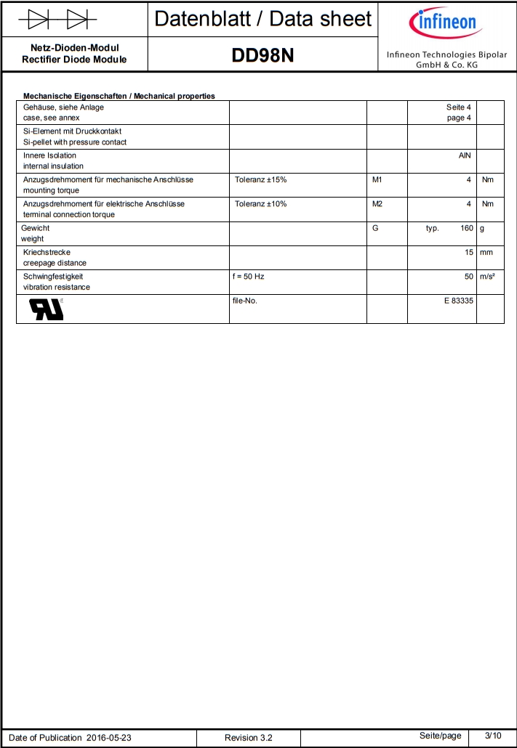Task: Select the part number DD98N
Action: coord(262,55)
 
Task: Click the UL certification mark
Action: coord(46,309)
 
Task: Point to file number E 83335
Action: coord(459,300)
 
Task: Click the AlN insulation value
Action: coord(465,155)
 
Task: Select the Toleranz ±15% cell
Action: coord(260,179)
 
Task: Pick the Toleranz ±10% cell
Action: coord(260,204)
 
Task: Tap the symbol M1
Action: coord(377,179)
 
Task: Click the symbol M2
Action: coord(377,204)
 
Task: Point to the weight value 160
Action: coord(466,228)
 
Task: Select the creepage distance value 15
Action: coord(469,252)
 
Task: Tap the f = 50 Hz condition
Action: coord(254,277)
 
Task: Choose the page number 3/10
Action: coord(493,736)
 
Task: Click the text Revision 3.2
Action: coord(249,738)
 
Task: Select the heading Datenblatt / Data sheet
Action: coord(263,19)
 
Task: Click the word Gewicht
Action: coord(35,228)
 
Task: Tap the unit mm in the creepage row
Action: coord(486,252)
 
